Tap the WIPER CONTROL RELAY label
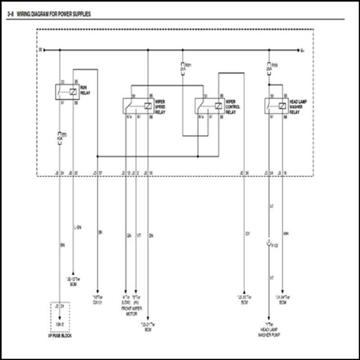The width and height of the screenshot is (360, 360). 233,107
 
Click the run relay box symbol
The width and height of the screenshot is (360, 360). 67,91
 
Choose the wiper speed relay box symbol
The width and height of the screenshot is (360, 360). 138,106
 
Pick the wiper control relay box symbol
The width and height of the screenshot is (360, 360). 209,106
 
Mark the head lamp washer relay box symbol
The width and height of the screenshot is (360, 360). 276,106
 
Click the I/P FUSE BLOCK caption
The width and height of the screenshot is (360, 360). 60,336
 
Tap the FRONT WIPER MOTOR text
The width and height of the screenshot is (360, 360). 132,311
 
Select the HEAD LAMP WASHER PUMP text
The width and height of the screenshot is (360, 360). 269,333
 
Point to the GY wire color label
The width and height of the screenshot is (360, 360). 247,234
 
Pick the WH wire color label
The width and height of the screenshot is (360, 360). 286,234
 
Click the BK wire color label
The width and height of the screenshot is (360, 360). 100,233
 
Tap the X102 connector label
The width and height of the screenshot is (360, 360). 274,246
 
